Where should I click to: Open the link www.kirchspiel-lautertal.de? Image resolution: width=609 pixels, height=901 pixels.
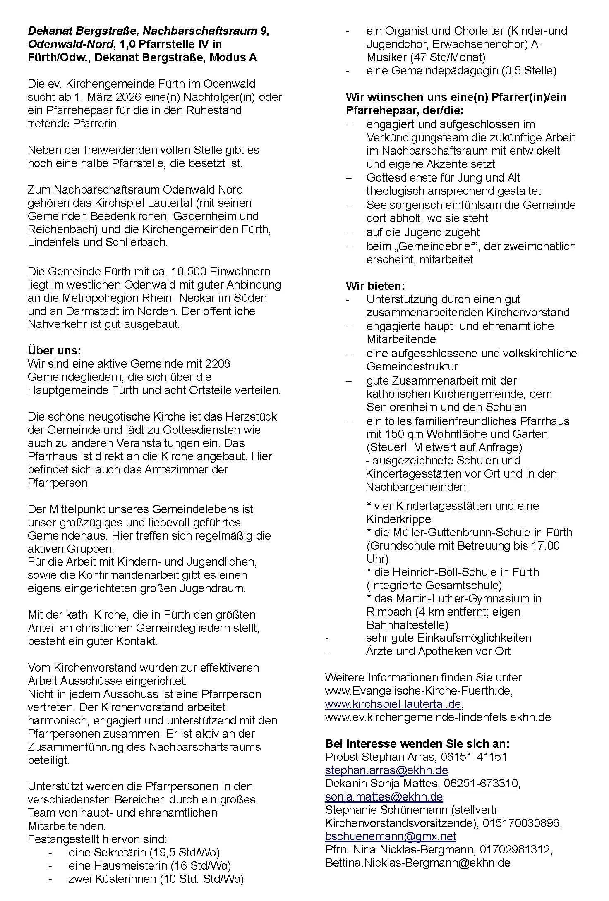393,704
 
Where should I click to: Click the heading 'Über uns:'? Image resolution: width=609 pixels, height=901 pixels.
54,350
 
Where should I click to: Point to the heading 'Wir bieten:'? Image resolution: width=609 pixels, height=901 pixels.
375,286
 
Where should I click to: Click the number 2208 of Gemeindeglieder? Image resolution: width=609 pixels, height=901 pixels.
218,363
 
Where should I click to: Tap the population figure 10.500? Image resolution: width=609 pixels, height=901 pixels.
188,272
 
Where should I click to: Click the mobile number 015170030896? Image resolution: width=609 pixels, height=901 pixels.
519,823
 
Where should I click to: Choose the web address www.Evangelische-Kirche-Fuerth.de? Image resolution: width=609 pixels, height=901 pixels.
419,691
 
